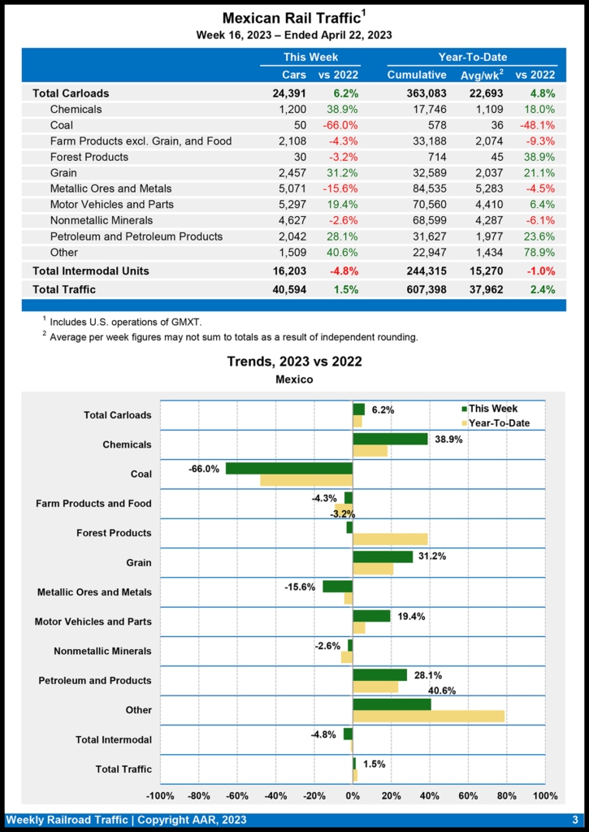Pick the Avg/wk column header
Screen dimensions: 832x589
click(x=479, y=76)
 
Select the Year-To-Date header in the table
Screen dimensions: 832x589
click(x=472, y=58)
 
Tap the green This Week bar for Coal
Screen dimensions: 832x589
click(x=289, y=469)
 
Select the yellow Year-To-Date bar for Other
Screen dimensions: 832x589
click(x=428, y=716)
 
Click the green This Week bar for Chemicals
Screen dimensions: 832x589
click(x=390, y=439)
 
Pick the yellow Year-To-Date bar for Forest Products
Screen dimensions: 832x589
click(x=390, y=539)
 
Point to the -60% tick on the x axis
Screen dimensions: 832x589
click(x=237, y=795)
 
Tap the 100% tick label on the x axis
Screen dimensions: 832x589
click(x=545, y=795)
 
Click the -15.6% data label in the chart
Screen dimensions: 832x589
click(x=300, y=587)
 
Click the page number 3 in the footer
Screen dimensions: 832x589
click(x=574, y=820)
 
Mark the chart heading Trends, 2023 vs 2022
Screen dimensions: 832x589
click(x=294, y=362)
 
